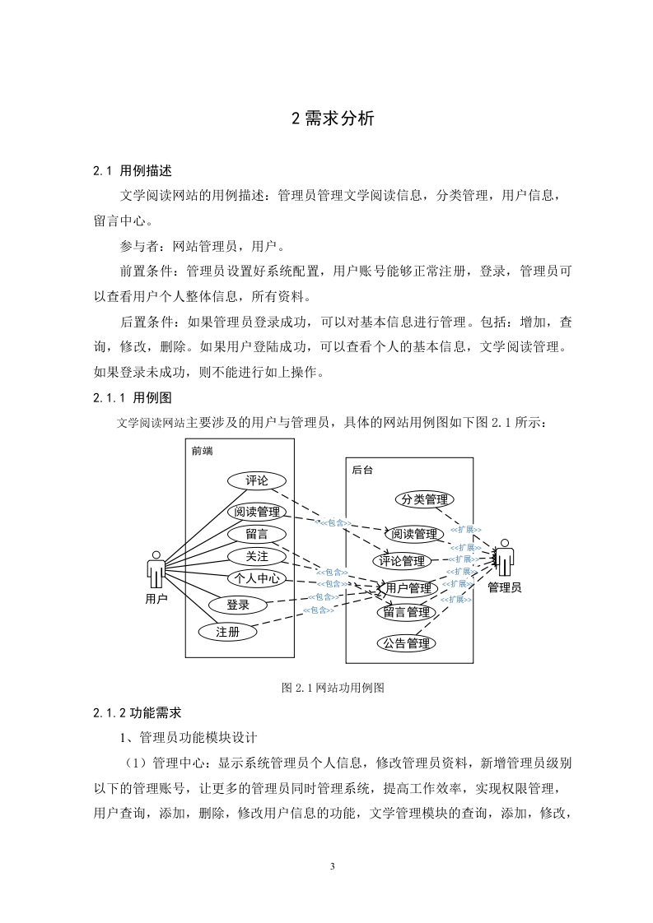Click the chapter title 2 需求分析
click(x=333, y=118)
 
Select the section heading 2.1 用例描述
click(x=133, y=171)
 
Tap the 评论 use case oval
click(x=256, y=480)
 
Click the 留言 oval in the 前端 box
click(x=256, y=534)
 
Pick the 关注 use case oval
click(x=256, y=556)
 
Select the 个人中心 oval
click(x=256, y=578)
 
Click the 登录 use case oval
click(x=237, y=605)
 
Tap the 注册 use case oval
click(x=227, y=633)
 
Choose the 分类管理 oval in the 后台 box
click(x=424, y=499)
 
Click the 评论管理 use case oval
click(x=402, y=561)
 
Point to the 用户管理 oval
click(x=408, y=587)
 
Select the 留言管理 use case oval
click(x=406, y=612)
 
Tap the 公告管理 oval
click(x=406, y=642)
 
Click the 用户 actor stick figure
click(x=156, y=570)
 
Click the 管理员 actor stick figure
click(x=505, y=558)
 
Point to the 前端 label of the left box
click(x=202, y=452)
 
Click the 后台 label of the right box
click(x=361, y=471)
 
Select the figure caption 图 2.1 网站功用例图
click(x=333, y=688)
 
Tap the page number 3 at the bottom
click(x=333, y=866)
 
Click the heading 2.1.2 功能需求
click(x=138, y=713)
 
